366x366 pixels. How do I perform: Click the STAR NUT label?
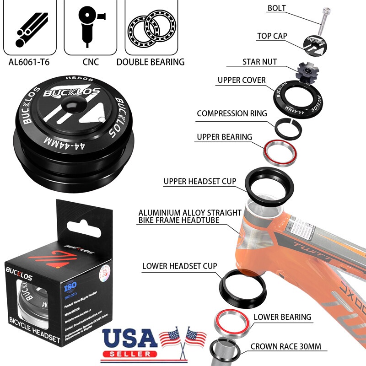coord(259,62)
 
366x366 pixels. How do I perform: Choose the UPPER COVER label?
coord(242,81)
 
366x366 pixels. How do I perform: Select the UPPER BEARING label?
coord(225,137)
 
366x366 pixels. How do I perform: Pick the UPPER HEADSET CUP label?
coord(200,182)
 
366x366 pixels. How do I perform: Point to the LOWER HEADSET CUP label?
coord(180,266)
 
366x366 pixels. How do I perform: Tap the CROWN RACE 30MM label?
coord(289,346)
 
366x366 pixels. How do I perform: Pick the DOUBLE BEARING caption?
coord(151,62)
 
